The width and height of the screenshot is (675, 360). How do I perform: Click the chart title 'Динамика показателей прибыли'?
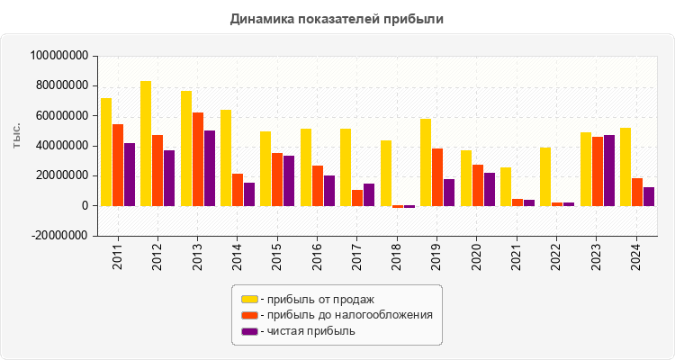point(337,18)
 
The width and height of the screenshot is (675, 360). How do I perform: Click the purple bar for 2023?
point(609,170)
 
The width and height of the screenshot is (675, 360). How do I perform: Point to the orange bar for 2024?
point(637,192)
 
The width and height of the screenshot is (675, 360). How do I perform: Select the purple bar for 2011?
point(130,175)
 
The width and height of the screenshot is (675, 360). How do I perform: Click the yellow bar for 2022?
point(545,176)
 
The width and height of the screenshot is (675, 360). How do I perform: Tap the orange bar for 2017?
point(357,197)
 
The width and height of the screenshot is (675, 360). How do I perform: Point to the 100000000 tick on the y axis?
point(59,56)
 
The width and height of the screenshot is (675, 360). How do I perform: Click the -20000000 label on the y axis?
point(59,236)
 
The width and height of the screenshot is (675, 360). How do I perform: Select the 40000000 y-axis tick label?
point(63,146)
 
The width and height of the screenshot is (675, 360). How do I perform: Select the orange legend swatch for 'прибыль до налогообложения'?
point(249,315)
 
